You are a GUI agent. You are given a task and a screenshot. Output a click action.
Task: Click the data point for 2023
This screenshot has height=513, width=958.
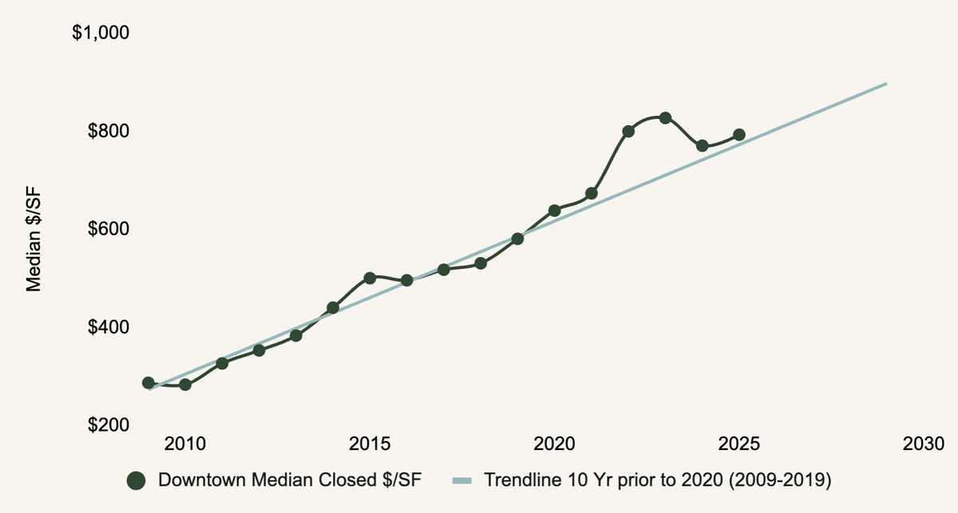665,118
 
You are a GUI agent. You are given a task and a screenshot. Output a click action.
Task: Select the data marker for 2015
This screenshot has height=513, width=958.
370,278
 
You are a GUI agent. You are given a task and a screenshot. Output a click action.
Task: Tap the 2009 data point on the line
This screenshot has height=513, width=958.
148,383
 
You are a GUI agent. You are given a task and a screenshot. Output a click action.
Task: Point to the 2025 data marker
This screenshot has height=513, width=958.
739,135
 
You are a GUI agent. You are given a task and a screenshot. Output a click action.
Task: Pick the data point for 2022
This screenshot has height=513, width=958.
628,131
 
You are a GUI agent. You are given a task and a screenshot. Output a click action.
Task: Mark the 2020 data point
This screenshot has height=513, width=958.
554,211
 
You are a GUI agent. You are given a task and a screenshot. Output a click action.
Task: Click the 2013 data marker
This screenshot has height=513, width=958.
295,336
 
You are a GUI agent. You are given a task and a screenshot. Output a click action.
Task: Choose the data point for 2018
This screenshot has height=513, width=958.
481,263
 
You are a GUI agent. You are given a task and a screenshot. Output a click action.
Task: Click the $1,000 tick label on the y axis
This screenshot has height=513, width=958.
101,34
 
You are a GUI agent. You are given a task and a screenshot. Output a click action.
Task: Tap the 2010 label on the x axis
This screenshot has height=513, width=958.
185,444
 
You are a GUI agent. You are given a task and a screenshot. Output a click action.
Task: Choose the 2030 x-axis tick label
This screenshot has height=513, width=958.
924,444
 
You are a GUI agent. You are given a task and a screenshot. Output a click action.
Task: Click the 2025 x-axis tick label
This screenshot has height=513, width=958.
739,444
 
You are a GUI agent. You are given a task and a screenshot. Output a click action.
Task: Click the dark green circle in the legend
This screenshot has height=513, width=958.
137,480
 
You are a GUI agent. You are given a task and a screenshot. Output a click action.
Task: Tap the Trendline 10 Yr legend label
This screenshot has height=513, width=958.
658,480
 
